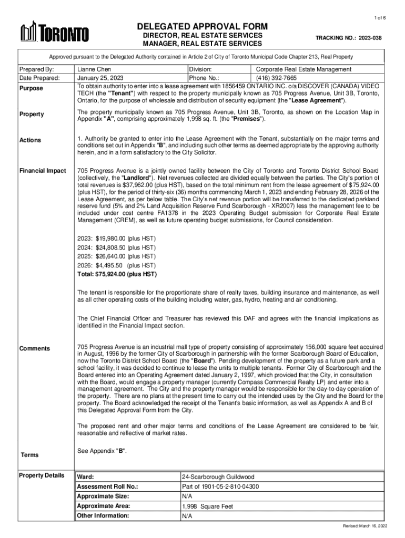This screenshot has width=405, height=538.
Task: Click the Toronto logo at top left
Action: (54, 33)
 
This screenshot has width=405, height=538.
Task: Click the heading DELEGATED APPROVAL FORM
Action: (202, 26)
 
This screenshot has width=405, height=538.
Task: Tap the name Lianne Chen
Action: (94, 69)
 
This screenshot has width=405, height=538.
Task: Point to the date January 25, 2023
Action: (100, 78)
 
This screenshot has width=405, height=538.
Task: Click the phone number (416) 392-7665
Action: (275, 78)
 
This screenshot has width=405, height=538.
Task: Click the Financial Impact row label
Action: (43, 171)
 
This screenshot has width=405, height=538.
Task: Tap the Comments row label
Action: (35, 349)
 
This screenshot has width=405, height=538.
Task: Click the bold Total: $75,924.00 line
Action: (117, 274)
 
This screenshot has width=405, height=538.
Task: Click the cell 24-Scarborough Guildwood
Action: (218, 477)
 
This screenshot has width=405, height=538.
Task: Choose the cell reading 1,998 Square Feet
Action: (208, 506)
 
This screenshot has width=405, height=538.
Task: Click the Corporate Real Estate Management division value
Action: (303, 69)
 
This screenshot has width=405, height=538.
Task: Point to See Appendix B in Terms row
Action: (102, 451)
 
